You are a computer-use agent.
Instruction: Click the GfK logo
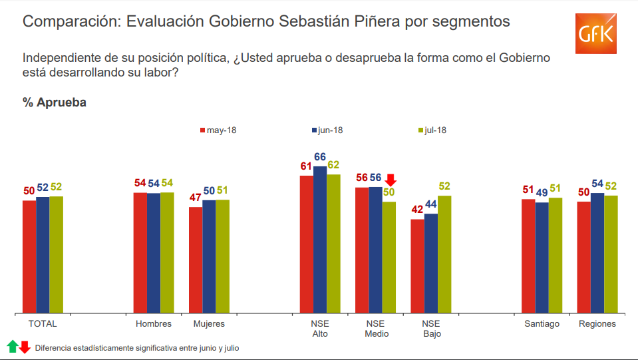(595, 33)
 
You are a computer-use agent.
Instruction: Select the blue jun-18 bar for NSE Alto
(320, 240)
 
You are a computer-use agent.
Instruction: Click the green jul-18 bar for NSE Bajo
(444, 254)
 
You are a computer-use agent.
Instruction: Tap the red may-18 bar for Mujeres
(196, 260)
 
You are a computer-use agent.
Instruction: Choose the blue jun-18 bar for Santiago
(542, 258)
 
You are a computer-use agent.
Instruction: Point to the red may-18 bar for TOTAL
(29, 256)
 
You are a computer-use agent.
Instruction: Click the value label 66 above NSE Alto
(320, 157)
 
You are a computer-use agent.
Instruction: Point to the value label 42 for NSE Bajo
(417, 210)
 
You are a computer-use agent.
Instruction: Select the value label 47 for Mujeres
(196, 198)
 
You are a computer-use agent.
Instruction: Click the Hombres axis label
(154, 324)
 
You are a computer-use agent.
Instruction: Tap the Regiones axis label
(597, 324)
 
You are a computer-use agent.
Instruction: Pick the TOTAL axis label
(43, 324)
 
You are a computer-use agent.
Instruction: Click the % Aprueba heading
(55, 102)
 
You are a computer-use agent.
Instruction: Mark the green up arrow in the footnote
(13, 346)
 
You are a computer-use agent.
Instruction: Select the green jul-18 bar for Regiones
(611, 254)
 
